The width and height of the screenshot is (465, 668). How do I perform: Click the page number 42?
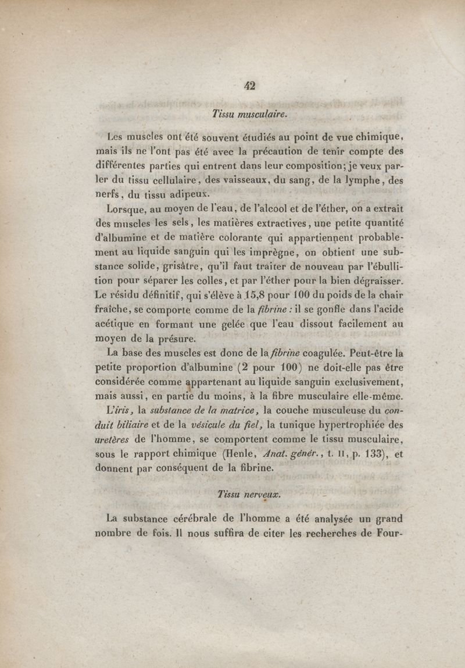tap(250, 86)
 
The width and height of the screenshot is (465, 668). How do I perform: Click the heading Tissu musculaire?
tap(249, 115)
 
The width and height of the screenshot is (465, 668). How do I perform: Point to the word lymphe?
tap(366, 180)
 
